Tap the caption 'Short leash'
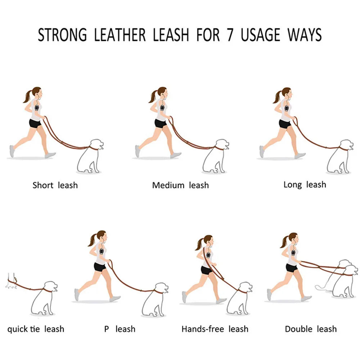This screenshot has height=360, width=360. [55, 185]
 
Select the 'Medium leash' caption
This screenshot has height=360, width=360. [180, 185]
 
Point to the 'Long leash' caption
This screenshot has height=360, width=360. [305, 185]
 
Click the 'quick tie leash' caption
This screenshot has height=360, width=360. [36, 329]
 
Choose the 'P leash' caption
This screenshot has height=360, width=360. [120, 329]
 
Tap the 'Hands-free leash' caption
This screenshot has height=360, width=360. [215, 329]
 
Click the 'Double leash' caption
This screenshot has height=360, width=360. [311, 329]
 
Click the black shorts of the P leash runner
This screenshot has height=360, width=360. [100, 267]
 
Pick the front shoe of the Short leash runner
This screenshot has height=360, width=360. [50, 155]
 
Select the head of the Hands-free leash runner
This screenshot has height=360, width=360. [208, 240]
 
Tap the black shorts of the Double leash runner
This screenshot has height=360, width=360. [292, 268]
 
